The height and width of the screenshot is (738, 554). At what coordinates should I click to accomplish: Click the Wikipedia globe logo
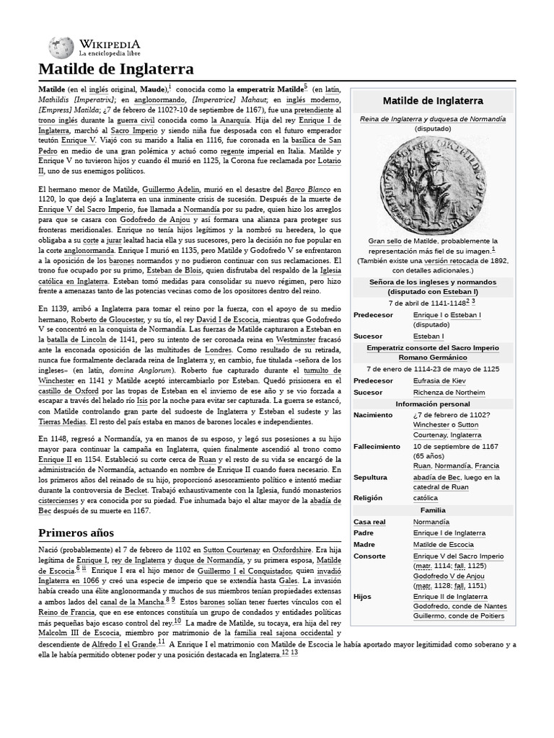coord(61,47)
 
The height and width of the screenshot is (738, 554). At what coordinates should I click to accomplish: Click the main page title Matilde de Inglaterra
coord(115,69)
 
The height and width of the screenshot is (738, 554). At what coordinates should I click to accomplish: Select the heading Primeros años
coord(77,533)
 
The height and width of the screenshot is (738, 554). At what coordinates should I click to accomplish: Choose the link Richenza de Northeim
coord(449,393)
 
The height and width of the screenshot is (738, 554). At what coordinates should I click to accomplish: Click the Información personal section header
coord(432,404)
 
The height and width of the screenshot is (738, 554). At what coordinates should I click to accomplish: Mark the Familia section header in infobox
coord(432,510)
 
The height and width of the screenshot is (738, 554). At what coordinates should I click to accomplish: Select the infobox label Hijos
coord(363,597)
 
